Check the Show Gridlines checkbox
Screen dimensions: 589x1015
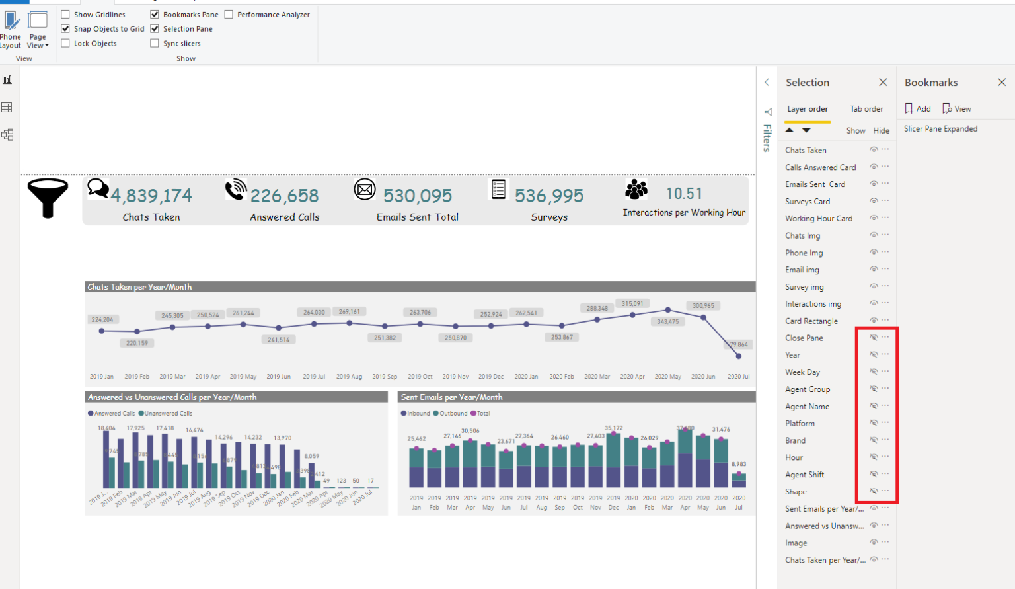[x=65, y=14]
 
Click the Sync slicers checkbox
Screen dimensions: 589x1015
[x=155, y=43]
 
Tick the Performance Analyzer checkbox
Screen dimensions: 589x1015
[x=229, y=14]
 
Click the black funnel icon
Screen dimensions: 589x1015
[x=48, y=197]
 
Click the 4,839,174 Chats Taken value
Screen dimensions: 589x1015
[x=151, y=196]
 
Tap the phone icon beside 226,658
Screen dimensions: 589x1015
[x=235, y=189]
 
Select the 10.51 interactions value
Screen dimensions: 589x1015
[x=684, y=194]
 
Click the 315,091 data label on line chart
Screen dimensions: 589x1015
[x=632, y=304]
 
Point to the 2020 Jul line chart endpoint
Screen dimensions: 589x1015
[x=739, y=356]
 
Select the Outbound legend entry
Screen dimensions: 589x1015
[x=453, y=414]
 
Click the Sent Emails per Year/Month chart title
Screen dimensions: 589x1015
[x=452, y=397]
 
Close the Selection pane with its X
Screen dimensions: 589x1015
[x=883, y=82]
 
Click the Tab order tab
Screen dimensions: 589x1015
[x=866, y=109]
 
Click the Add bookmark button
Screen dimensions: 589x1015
[x=918, y=109]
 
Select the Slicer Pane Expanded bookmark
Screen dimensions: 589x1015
[x=940, y=129]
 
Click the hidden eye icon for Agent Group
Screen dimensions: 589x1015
[x=874, y=389]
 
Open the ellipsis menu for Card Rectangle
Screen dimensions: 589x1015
[x=885, y=320]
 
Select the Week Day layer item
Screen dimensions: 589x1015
[x=802, y=372]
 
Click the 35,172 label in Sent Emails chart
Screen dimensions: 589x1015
[x=613, y=428]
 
